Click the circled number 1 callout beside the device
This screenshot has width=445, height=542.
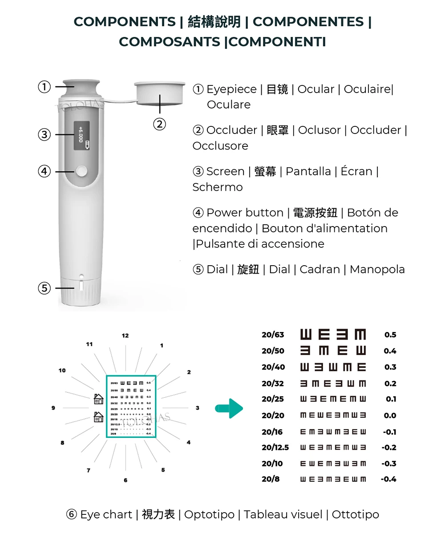tap(44, 86)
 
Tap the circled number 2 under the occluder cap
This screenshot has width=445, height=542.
tap(160, 124)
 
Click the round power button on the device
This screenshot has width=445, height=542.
tap(81, 171)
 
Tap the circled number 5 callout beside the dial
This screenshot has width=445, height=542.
tap(44, 288)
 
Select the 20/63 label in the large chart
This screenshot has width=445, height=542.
tap(273, 335)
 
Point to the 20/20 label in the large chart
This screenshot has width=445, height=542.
tap(273, 415)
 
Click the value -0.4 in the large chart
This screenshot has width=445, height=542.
tap(388, 479)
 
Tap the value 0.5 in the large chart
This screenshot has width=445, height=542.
tap(390, 335)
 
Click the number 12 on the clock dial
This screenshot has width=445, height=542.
tap(125, 336)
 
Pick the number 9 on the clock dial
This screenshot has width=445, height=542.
tap(53, 408)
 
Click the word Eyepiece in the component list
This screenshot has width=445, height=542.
tap(231, 89)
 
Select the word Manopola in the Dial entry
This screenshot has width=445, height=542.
tap(377, 269)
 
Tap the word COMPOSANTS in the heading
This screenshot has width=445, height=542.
tap(170, 42)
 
